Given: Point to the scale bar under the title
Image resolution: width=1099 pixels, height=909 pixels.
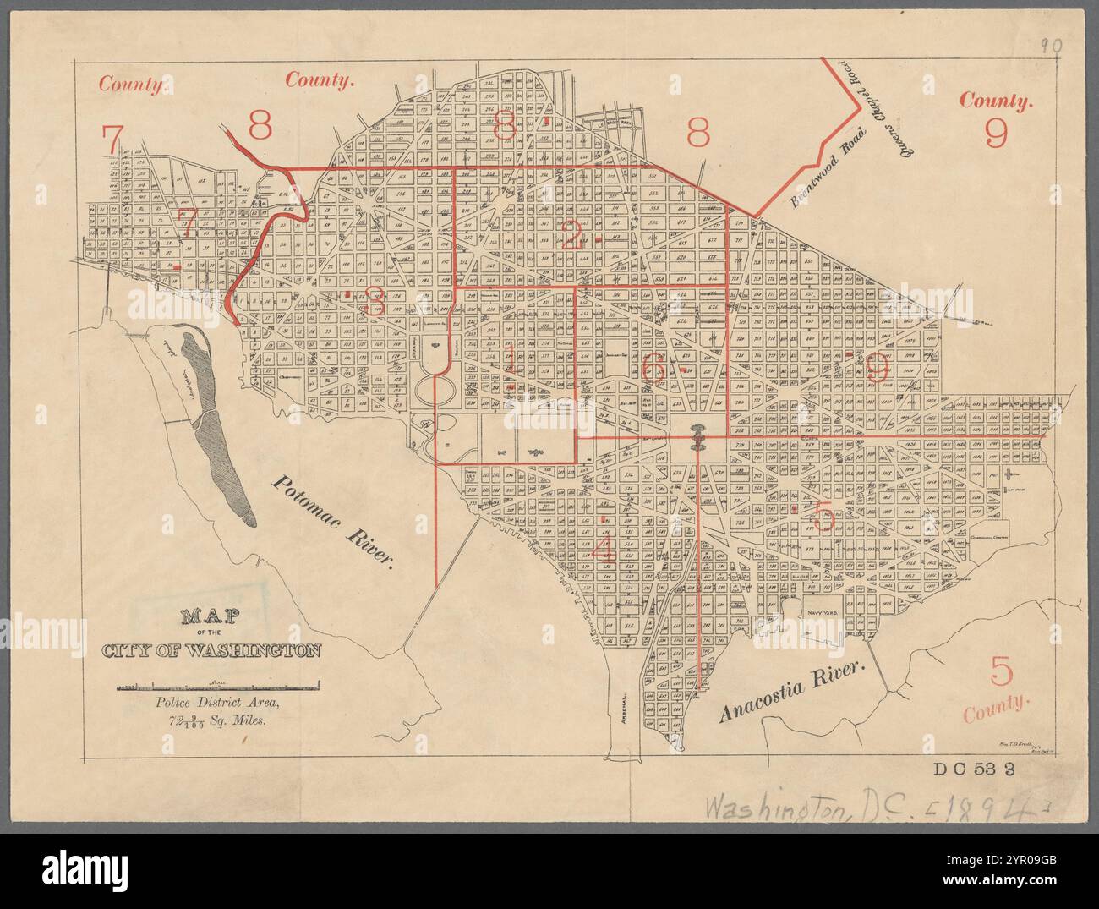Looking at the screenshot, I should click(x=218, y=683).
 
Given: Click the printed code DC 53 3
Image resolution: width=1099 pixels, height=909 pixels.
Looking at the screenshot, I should click(x=979, y=769).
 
